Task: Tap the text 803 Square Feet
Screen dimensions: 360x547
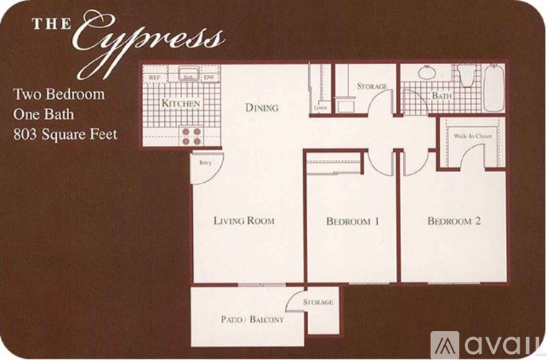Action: click(65, 133)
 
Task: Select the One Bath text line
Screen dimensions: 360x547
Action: click(45, 114)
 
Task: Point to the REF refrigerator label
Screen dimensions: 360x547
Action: click(154, 77)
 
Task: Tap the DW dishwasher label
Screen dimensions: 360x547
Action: click(209, 77)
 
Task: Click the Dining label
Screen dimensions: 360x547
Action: click(261, 108)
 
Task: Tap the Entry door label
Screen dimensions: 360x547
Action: click(204, 162)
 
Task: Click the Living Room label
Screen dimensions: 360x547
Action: click(243, 220)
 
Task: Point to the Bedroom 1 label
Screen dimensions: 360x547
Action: click(352, 221)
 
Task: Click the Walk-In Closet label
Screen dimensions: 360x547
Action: click(472, 135)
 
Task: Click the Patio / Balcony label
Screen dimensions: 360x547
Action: click(251, 319)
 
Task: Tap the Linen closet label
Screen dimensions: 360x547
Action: click(320, 108)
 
